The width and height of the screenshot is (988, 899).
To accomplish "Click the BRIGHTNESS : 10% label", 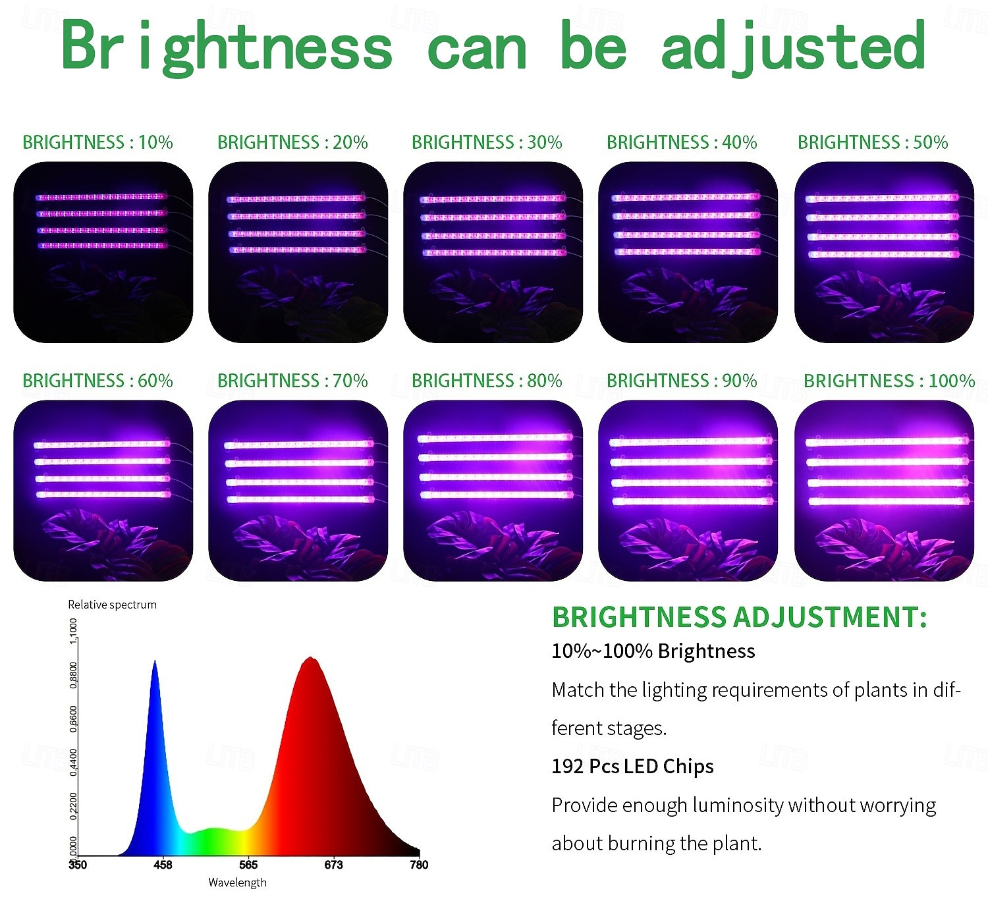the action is coord(97,142).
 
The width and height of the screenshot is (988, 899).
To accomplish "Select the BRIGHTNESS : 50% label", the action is coord(873,142).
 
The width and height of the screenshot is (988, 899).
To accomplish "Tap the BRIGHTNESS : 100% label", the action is coord(889,381).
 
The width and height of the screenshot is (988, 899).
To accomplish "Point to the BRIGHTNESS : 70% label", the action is coord(292,381).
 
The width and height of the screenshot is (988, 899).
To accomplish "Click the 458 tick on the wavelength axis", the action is coord(163,865).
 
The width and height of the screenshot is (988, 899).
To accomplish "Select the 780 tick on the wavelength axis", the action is coord(419,865).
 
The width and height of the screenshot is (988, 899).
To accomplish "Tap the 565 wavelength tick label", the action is coord(248,865).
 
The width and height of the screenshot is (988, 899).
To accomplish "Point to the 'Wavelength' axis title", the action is coord(237,883).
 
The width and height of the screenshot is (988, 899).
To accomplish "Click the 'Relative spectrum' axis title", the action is coord(112,605).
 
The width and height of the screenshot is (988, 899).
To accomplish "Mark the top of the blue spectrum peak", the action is coord(155,661).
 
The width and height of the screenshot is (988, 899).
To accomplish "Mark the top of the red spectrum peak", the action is coord(310,658).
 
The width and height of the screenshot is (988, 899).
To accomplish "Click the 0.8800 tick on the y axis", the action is coord(73,675).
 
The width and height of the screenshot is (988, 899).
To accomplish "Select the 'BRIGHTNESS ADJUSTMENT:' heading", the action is coord(739,616).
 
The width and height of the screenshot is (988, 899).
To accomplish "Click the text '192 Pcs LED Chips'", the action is coord(632,767).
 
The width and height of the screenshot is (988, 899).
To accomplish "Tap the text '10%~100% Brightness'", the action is coord(653,651).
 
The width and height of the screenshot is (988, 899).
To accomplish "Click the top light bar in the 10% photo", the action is coord(101,197).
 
